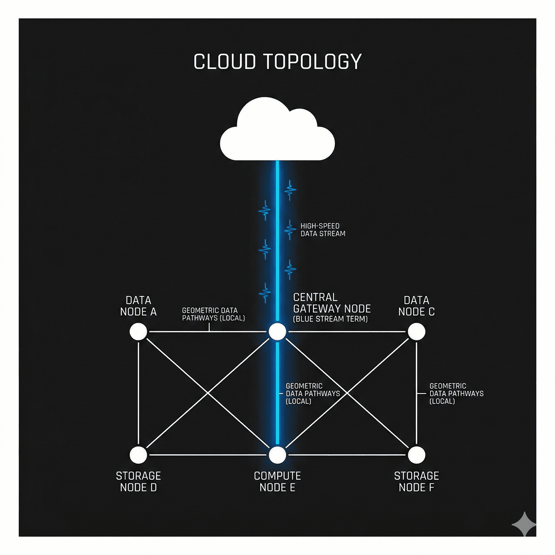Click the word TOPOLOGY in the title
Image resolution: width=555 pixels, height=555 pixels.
pyautogui.click(x=312, y=62)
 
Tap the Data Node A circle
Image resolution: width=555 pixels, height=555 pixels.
pyautogui.click(x=138, y=331)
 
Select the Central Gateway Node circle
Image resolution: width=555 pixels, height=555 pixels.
pyautogui.click(x=277, y=331)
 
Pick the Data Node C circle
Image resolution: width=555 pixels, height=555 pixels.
pyautogui.click(x=416, y=331)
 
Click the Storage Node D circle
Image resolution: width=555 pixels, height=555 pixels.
pyautogui.click(x=138, y=455)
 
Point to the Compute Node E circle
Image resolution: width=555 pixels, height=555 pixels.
pyautogui.click(x=277, y=455)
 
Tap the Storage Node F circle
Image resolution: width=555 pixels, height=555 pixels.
pyautogui.click(x=416, y=455)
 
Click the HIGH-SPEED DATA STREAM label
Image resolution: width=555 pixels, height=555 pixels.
pyautogui.click(x=322, y=230)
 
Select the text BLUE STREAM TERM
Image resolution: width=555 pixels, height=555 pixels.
pyautogui.click(x=330, y=319)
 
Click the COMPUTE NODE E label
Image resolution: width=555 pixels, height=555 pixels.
pyautogui.click(x=277, y=482)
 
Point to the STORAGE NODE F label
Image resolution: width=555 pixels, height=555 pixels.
pyautogui.click(x=416, y=482)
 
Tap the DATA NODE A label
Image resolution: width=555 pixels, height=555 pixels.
pyautogui.click(x=138, y=306)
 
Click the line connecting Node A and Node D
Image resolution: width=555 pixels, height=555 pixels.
pyautogui.click(x=138, y=393)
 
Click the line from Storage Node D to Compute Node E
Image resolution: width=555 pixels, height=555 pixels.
pyautogui.click(x=207, y=455)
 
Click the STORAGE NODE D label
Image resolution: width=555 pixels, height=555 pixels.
pyautogui.click(x=138, y=482)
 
